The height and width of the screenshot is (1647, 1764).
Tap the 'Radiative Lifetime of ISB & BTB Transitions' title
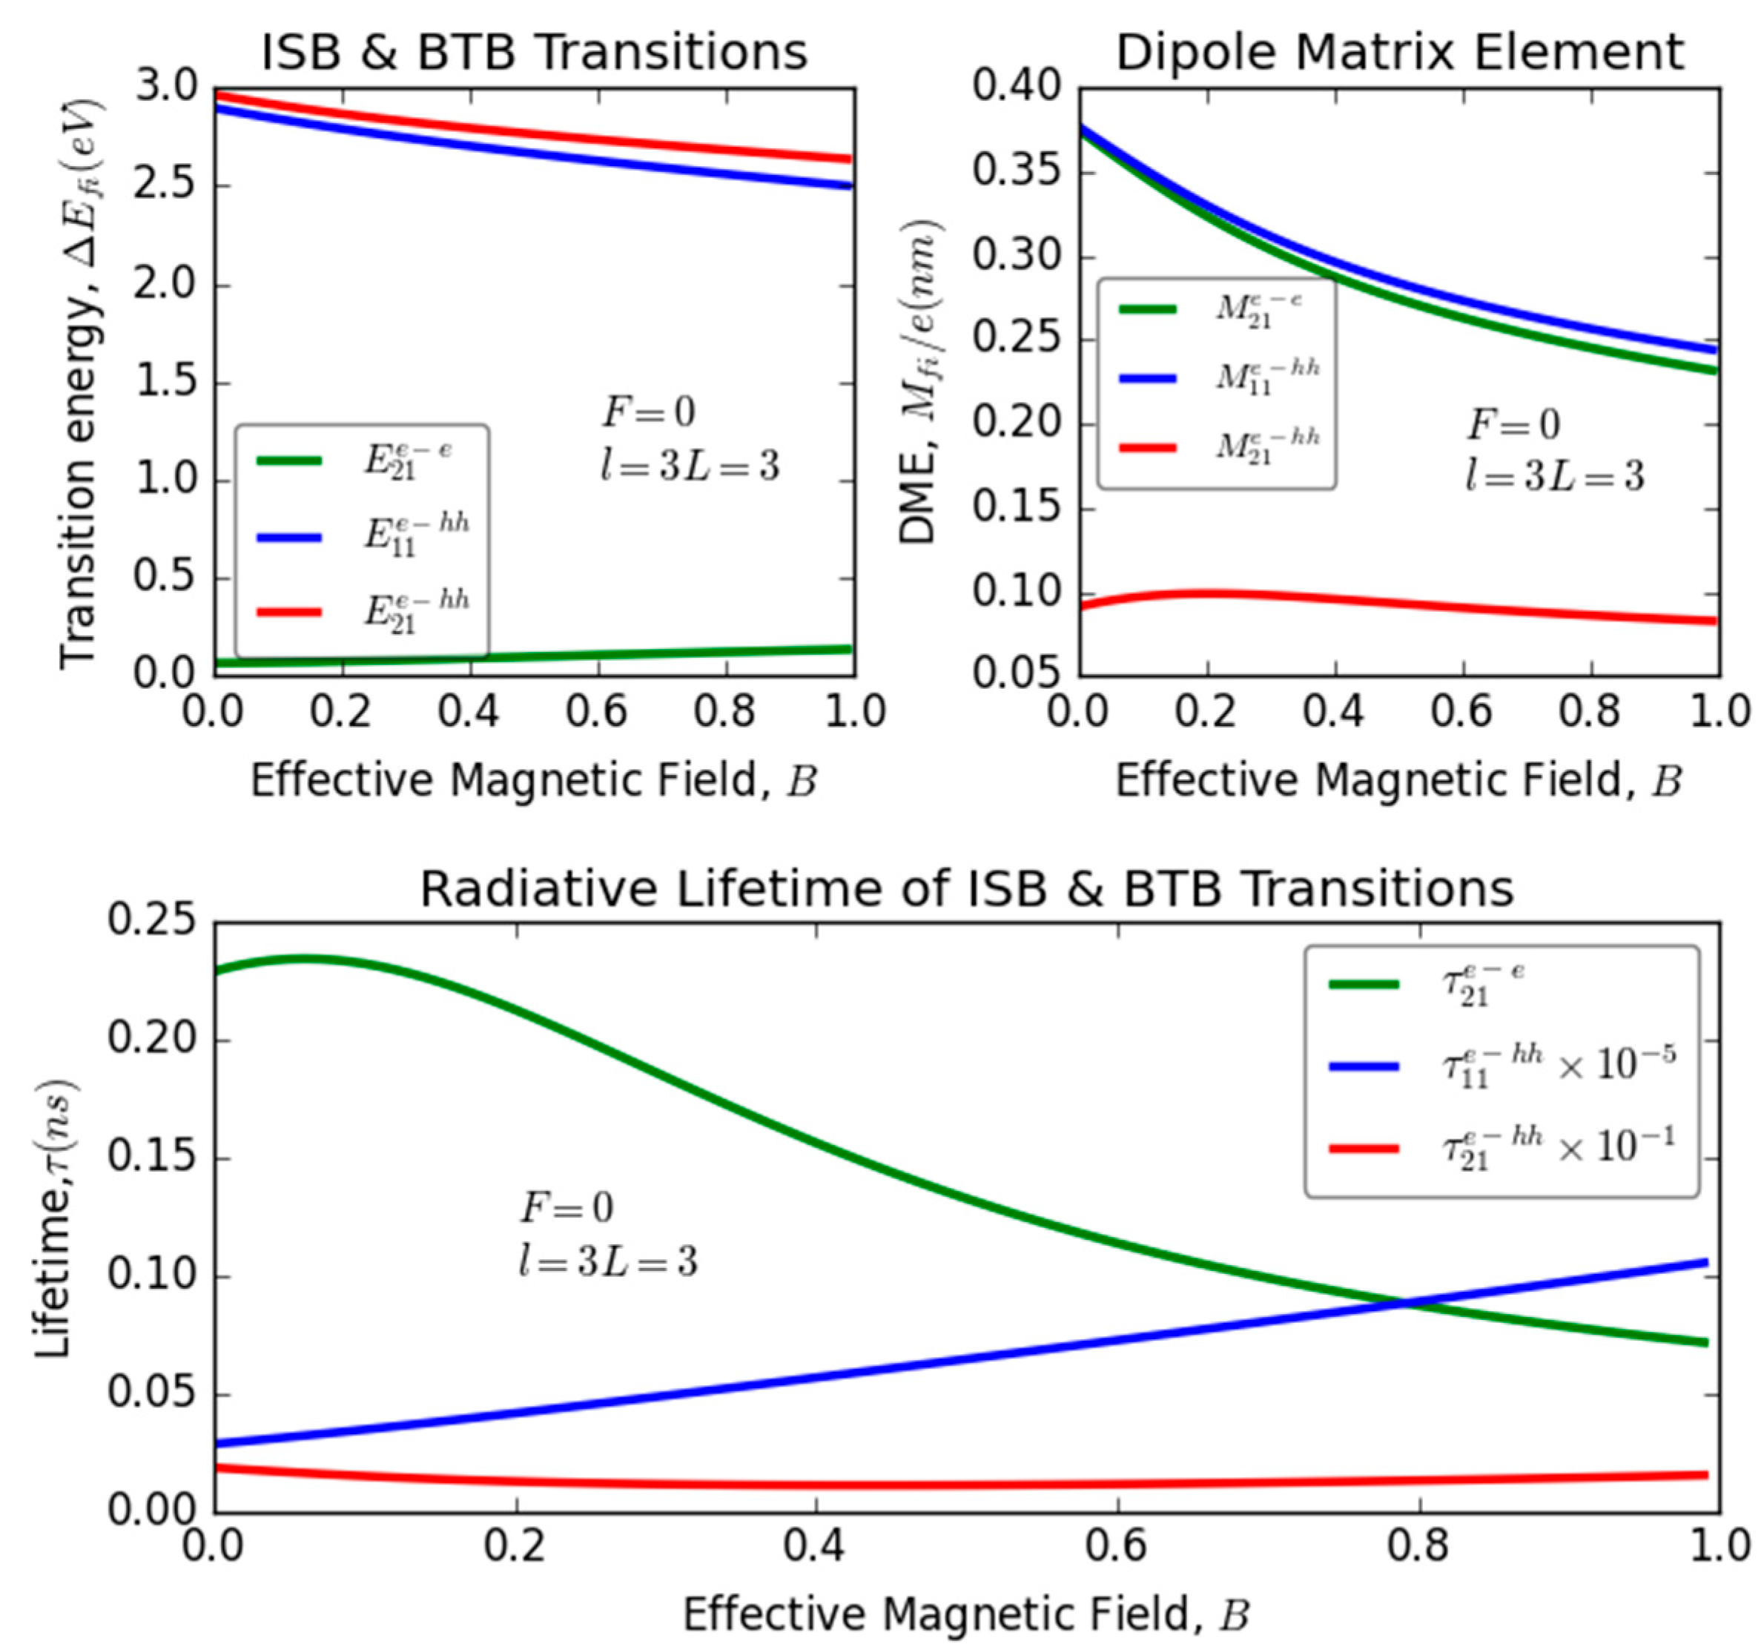pyautogui.click(x=966, y=888)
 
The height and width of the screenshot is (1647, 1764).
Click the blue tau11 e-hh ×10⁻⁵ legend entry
pyautogui.click(x=1499, y=1065)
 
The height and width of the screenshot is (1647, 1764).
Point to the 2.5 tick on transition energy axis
pyautogui.click(x=168, y=186)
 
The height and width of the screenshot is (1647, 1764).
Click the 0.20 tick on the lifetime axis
pyautogui.click(x=151, y=1039)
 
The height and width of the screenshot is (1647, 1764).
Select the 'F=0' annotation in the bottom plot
pyautogui.click(x=566, y=1208)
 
